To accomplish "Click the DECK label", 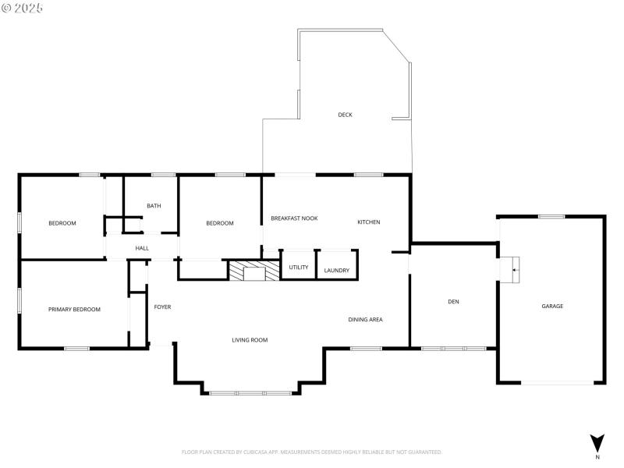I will coord(345,115).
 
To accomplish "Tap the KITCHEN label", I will coord(369,222).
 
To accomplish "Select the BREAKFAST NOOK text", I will coord(294,218).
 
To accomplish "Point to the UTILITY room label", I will coord(299,268).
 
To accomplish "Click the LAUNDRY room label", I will coord(337,271).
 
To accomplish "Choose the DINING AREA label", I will coord(365,319).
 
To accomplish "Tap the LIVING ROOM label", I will coord(250,340).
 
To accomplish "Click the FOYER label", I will coord(162,307).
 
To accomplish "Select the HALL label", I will coord(142,248).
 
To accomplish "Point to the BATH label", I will coord(154,206).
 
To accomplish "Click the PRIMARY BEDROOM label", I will coord(74,310).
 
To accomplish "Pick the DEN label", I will coord(453,301).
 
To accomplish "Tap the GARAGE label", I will coord(552,306).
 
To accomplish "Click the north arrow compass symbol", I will coord(597,442).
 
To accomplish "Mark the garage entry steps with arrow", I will coord(510,269).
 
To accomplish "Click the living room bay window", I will coord(250,392).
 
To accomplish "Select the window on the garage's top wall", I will coord(551,216).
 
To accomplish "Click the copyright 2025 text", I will coord(23,8).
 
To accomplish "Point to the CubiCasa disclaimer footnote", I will coord(312,452).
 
